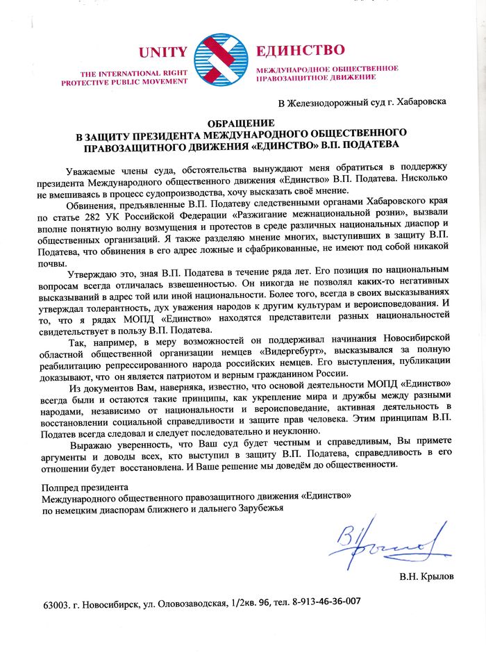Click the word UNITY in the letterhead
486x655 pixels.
[162, 52]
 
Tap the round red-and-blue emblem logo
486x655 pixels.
[221, 61]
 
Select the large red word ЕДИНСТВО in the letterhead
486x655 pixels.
[300, 51]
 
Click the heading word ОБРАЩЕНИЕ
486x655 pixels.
[241, 123]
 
